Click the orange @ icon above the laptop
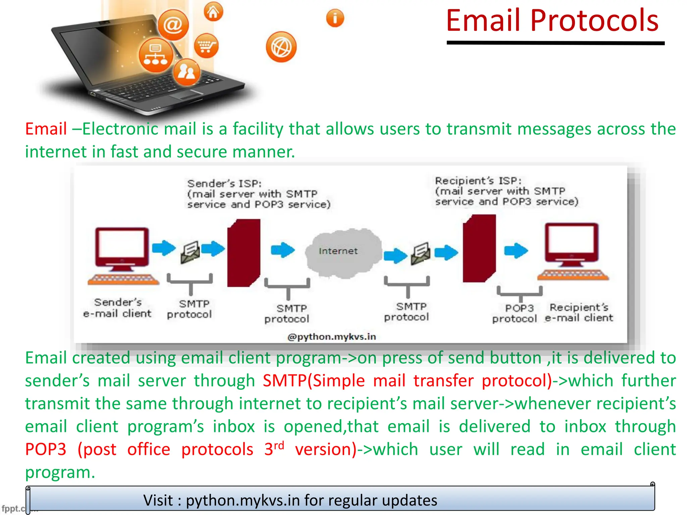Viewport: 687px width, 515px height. coord(173,25)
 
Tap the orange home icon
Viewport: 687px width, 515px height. coord(213,12)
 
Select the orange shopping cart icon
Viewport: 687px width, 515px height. coord(206,46)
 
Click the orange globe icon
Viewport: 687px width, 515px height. coord(281,47)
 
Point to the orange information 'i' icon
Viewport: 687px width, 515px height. coord(335,18)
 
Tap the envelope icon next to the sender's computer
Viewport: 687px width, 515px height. coord(190,252)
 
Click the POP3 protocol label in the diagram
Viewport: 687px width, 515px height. coord(515,313)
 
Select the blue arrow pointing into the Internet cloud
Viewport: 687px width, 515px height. coord(282,250)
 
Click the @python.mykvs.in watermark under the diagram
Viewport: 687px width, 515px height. coord(331,337)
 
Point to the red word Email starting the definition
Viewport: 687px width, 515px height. coord(46,129)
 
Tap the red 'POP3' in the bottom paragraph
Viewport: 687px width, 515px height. coord(46,449)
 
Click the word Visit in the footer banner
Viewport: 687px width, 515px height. coord(158,501)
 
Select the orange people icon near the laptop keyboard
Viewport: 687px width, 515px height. coord(187,72)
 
